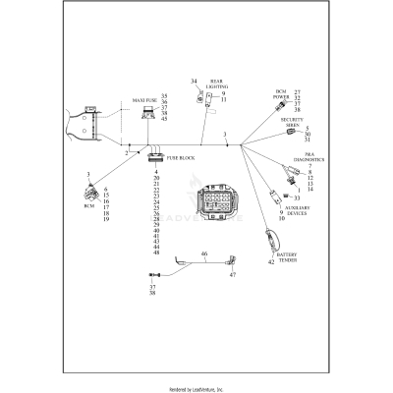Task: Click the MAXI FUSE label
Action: click(144, 100)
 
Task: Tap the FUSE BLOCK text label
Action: click(182, 157)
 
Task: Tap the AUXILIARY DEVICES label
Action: click(298, 210)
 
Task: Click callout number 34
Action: click(193, 81)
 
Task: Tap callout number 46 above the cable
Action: click(204, 254)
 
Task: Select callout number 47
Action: click(233, 277)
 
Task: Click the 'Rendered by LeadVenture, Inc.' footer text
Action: click(196, 386)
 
